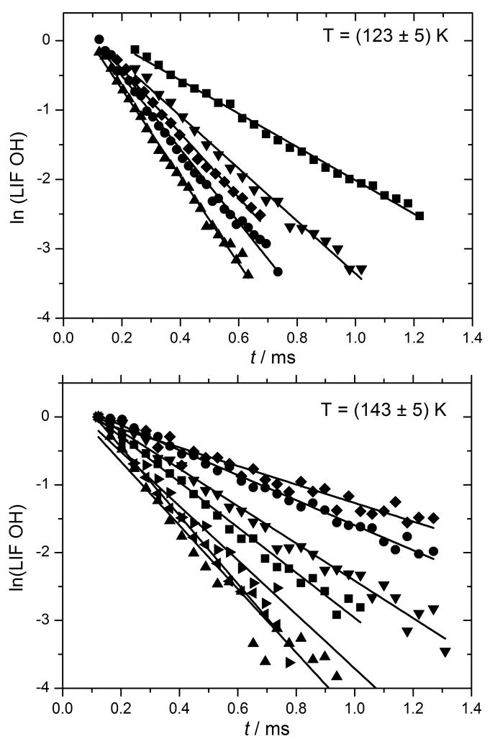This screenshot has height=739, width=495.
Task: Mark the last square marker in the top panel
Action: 419,216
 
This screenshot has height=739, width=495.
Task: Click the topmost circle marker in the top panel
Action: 99,39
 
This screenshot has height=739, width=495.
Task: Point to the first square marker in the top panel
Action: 135,49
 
